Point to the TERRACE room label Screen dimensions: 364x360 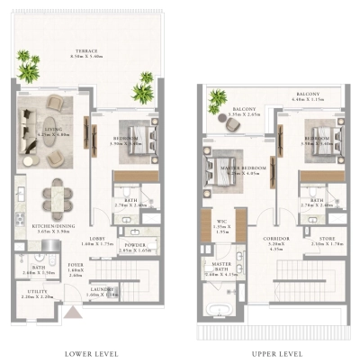click(x=86, y=51)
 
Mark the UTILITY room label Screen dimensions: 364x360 click(x=36, y=293)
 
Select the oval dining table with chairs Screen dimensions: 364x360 click(x=57, y=193)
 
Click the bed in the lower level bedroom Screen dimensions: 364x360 click(x=137, y=141)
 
